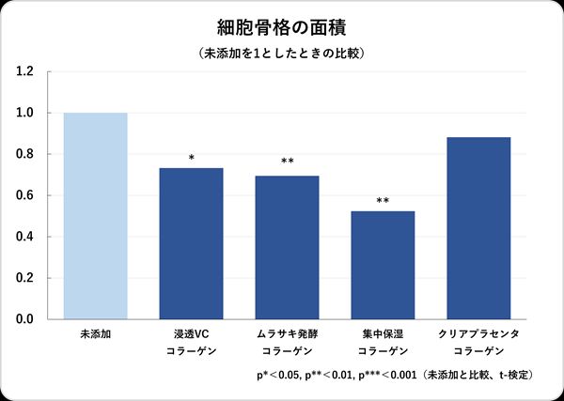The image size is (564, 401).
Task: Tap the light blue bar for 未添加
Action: point(95,216)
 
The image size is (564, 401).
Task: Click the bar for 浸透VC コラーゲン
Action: point(192,243)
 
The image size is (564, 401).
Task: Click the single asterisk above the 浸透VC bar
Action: point(192,158)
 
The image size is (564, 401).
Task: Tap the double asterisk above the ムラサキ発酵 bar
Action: point(288,162)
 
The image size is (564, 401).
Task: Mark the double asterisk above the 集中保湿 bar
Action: point(383,201)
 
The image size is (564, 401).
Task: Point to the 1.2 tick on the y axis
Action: point(25,71)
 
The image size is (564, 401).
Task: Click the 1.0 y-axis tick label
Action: point(25,113)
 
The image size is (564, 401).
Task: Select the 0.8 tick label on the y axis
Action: point(25,154)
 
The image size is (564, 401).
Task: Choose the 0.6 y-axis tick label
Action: point(25,195)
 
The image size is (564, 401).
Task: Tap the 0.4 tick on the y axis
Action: point(25,237)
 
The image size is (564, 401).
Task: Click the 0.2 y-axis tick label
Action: point(25,278)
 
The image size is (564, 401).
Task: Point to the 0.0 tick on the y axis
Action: point(25,319)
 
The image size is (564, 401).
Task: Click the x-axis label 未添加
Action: point(95,334)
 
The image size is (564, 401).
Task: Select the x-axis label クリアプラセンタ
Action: point(478,334)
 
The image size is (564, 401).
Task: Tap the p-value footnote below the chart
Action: point(396,375)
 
